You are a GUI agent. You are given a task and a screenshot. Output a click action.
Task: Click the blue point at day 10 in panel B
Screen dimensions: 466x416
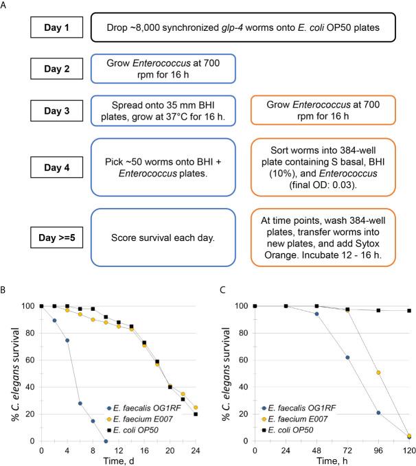click(105, 441)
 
